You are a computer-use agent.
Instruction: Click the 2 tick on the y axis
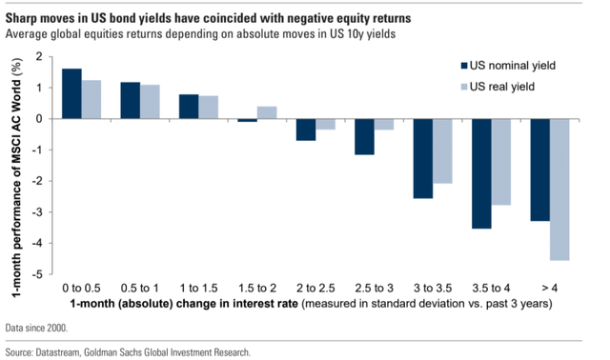(x=39, y=57)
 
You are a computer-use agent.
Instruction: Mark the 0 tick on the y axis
(x=39, y=119)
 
